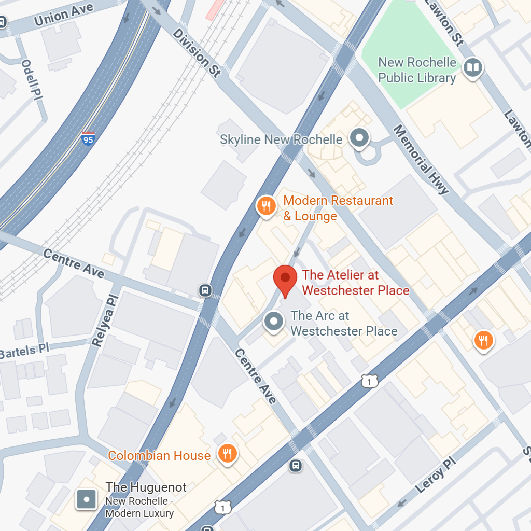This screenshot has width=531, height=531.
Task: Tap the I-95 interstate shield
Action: [x=88, y=138]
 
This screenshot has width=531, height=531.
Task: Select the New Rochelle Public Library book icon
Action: [x=473, y=67]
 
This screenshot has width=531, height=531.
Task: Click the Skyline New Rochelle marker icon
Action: [x=359, y=138]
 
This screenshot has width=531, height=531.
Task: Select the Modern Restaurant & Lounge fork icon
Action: [x=266, y=206]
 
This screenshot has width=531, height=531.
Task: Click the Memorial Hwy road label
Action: [x=421, y=160]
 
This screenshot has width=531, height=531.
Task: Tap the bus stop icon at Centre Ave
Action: [x=205, y=290]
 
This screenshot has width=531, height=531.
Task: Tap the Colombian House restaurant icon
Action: [x=227, y=454]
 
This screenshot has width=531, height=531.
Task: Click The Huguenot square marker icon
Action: [x=87, y=499]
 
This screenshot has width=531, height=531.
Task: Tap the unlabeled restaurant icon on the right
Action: [x=483, y=341]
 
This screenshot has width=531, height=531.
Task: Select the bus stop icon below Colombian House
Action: [x=296, y=465]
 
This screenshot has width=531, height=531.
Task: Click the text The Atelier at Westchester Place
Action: [x=355, y=282]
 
